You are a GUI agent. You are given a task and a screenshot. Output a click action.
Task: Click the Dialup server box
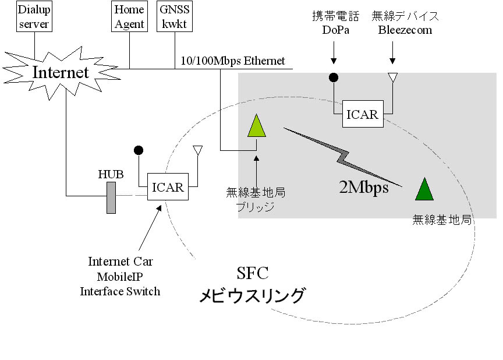pyautogui.click(x=34, y=17)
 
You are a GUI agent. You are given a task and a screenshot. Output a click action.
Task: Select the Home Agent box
pyautogui.click(x=129, y=17)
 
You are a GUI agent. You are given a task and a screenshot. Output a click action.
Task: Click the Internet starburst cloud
pyautogui.click(x=61, y=72)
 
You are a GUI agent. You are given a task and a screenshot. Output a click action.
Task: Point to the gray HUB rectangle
pyautogui.click(x=111, y=197)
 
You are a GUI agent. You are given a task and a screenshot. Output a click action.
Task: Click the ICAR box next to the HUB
pyautogui.click(x=168, y=187)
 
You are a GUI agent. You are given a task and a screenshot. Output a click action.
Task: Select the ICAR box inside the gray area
pyautogui.click(x=362, y=114)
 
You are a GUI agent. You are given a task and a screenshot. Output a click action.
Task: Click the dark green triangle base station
pyautogui.click(x=424, y=190)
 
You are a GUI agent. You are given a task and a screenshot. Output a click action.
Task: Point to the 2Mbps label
pyautogui.click(x=363, y=188)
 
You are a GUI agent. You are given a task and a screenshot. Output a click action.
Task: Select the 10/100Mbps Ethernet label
pyautogui.click(x=233, y=61)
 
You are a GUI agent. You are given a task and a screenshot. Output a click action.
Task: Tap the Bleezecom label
pyautogui.click(x=405, y=30)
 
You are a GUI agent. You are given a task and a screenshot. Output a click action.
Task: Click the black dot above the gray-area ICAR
pyautogui.click(x=334, y=77)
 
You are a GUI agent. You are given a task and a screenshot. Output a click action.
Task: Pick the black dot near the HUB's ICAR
pyautogui.click(x=139, y=150)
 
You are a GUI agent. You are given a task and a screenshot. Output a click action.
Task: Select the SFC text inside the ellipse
pyautogui.click(x=253, y=274)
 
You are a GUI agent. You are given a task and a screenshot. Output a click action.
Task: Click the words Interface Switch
pyautogui.click(x=120, y=291)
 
